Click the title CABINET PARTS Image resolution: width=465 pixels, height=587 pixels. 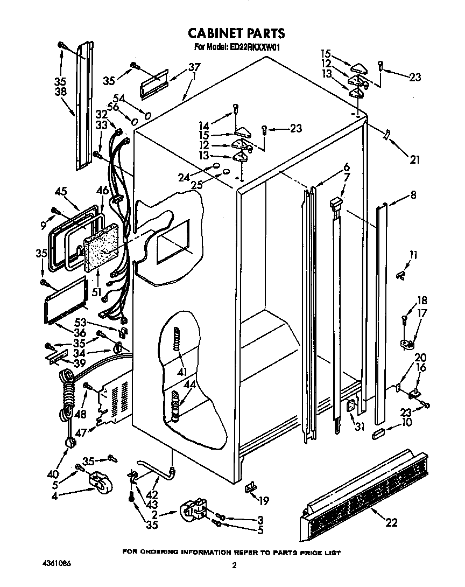(x=236, y=33)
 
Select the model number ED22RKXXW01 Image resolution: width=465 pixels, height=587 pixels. (x=252, y=47)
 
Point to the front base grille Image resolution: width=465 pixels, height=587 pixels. (x=366, y=495)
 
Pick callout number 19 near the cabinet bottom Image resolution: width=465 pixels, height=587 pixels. (x=263, y=501)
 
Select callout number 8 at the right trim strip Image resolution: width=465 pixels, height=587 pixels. (x=413, y=196)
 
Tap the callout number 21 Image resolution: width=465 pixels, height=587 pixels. (x=414, y=159)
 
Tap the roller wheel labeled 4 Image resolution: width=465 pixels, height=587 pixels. (x=100, y=481)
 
